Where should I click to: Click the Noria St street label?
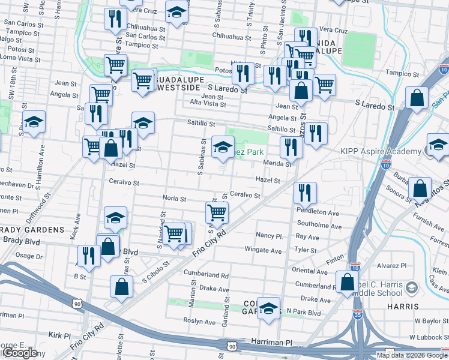click(175, 198)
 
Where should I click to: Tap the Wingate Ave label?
click(263, 250)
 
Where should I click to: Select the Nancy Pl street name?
click(269, 235)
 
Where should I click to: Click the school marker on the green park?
click(223, 147)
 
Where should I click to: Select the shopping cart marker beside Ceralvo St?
click(217, 211)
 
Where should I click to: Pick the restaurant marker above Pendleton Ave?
click(305, 193)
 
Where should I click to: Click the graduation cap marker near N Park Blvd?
click(269, 308)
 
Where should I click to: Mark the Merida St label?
click(277, 163)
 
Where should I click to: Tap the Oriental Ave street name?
click(309, 271)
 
